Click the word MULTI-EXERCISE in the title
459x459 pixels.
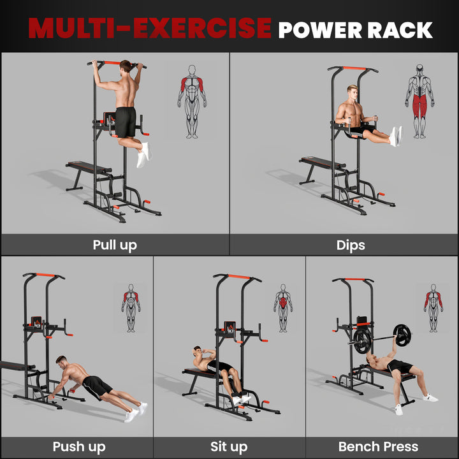pos(150,28)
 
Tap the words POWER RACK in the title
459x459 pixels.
pos(355,29)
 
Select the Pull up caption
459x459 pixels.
pos(115,245)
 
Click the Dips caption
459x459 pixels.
pos(351,245)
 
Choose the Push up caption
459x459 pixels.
pos(79,446)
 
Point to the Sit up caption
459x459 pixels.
pos(229,446)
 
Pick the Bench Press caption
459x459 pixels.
pos(378,446)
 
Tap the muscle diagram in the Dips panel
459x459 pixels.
pos(419,101)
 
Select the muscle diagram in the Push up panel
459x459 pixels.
pos(131,308)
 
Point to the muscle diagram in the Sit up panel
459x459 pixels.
pos(283,308)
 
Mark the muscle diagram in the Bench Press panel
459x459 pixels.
pos(433,308)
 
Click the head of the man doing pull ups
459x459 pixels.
pos(127,67)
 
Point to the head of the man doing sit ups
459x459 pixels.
pos(198,351)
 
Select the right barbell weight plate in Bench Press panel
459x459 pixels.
pos(402,334)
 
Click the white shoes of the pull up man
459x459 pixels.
pos(143,154)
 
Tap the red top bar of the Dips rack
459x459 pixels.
pos(354,68)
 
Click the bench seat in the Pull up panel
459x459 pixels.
pos(89,167)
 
